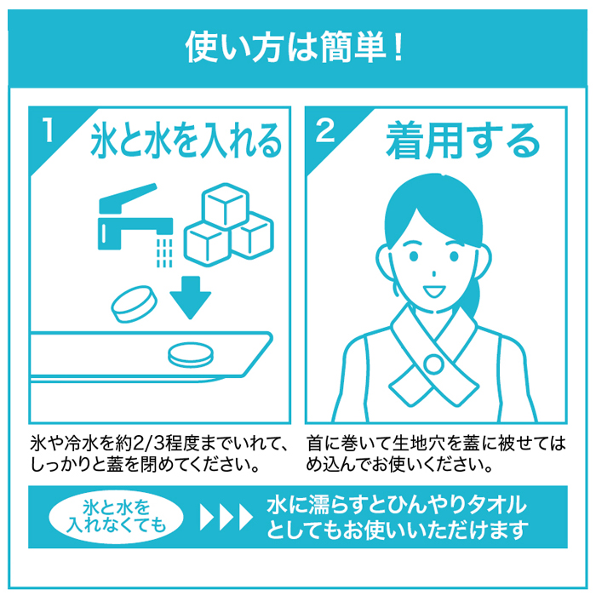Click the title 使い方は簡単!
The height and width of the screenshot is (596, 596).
coord(294,48)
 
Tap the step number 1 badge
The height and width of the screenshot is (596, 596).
coord(48,129)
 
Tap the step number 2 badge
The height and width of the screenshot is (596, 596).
coord(325,130)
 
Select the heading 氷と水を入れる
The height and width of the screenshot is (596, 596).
coord(186,140)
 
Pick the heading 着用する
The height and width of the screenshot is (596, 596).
coord(462,140)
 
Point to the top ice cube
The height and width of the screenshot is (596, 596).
coord(226,205)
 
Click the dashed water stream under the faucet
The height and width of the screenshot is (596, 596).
coord(164,252)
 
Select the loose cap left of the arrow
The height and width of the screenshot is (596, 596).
coord(135,305)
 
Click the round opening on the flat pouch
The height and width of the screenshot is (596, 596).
coord(191,355)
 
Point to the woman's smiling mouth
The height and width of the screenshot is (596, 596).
coord(434,292)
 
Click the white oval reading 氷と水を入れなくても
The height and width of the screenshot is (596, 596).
coord(117,517)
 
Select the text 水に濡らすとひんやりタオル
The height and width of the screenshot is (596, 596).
coord(397,505)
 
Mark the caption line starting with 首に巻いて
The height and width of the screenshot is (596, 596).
coord(436,444)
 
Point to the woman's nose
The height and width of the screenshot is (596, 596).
coord(433,273)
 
